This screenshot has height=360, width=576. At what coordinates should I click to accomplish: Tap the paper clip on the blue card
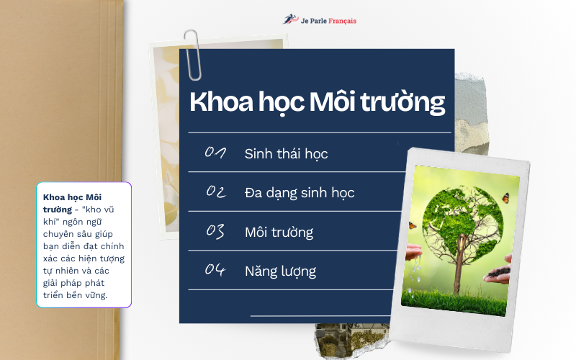[x=192, y=53]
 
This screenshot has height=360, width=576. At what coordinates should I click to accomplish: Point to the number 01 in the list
[x=216, y=153]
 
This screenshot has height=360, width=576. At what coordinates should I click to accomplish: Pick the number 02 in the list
[x=216, y=192]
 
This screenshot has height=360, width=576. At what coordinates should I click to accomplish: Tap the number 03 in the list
[x=216, y=231]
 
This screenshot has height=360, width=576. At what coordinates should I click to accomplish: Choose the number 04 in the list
[x=216, y=271]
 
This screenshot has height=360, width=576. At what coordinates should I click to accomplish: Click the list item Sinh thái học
[x=286, y=153]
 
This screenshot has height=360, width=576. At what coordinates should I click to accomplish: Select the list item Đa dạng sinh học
[x=299, y=193]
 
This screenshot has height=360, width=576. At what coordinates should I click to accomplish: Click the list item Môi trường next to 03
[x=279, y=232]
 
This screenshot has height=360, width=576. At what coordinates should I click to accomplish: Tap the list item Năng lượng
[x=280, y=271]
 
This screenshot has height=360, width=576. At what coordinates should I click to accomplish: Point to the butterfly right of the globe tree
[x=505, y=196]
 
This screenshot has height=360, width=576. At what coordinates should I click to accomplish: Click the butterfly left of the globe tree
[x=413, y=225]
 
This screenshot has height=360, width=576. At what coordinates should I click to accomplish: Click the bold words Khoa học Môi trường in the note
[x=68, y=202]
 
